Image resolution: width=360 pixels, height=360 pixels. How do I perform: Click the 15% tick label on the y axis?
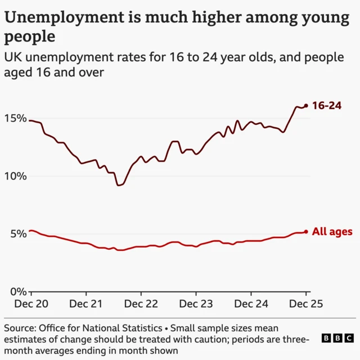pyautogui.click(x=15, y=119)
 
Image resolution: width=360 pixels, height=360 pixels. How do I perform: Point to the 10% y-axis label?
pyautogui.click(x=15, y=176)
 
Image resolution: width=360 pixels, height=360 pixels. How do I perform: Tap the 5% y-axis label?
pyautogui.click(x=18, y=234)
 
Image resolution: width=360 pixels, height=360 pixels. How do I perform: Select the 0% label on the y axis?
pyautogui.click(x=18, y=291)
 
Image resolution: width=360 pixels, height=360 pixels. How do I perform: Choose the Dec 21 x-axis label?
pyautogui.click(x=86, y=304)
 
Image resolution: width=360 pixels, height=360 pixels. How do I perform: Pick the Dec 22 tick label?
pyautogui.click(x=141, y=304)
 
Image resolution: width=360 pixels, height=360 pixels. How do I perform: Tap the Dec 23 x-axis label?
pyautogui.click(x=196, y=304)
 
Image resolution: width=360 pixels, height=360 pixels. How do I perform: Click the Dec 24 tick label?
pyautogui.click(x=251, y=304)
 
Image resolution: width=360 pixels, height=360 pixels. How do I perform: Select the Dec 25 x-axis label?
pyautogui.click(x=306, y=304)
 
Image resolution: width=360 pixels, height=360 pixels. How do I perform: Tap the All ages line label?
pyautogui.click(x=332, y=232)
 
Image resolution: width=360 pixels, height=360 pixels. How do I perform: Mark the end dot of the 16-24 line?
pyautogui.click(x=306, y=106)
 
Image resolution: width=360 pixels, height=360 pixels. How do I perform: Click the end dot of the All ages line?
pyautogui.click(x=306, y=232)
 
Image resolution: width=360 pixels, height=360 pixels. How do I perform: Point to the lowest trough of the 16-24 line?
pyautogui.click(x=119, y=185)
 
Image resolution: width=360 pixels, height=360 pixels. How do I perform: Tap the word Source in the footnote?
pyautogui.click(x=20, y=328)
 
